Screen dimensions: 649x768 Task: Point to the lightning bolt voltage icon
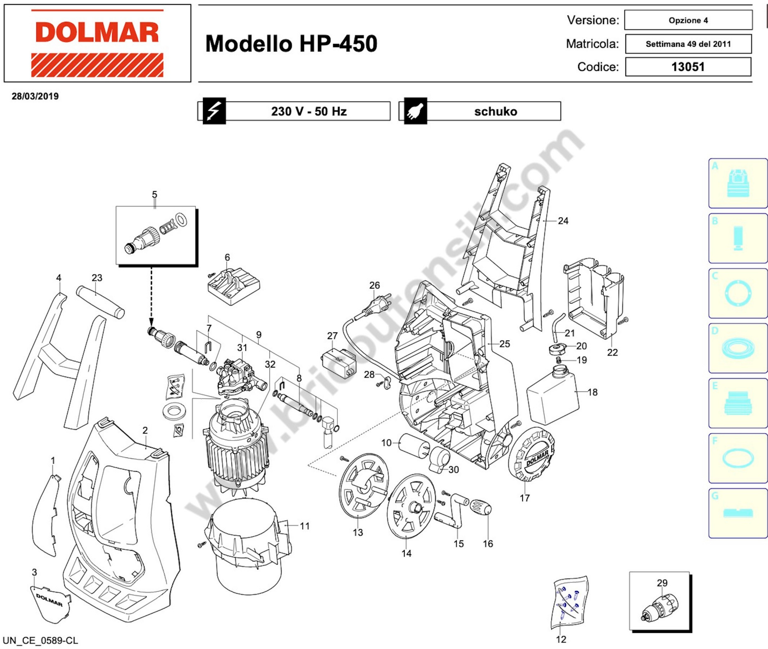(x=214, y=111)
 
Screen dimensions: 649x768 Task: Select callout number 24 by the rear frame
(x=563, y=221)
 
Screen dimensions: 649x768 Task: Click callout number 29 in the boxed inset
(x=662, y=583)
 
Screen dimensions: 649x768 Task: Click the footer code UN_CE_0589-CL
(x=41, y=640)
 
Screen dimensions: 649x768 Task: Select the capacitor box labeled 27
(x=338, y=362)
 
